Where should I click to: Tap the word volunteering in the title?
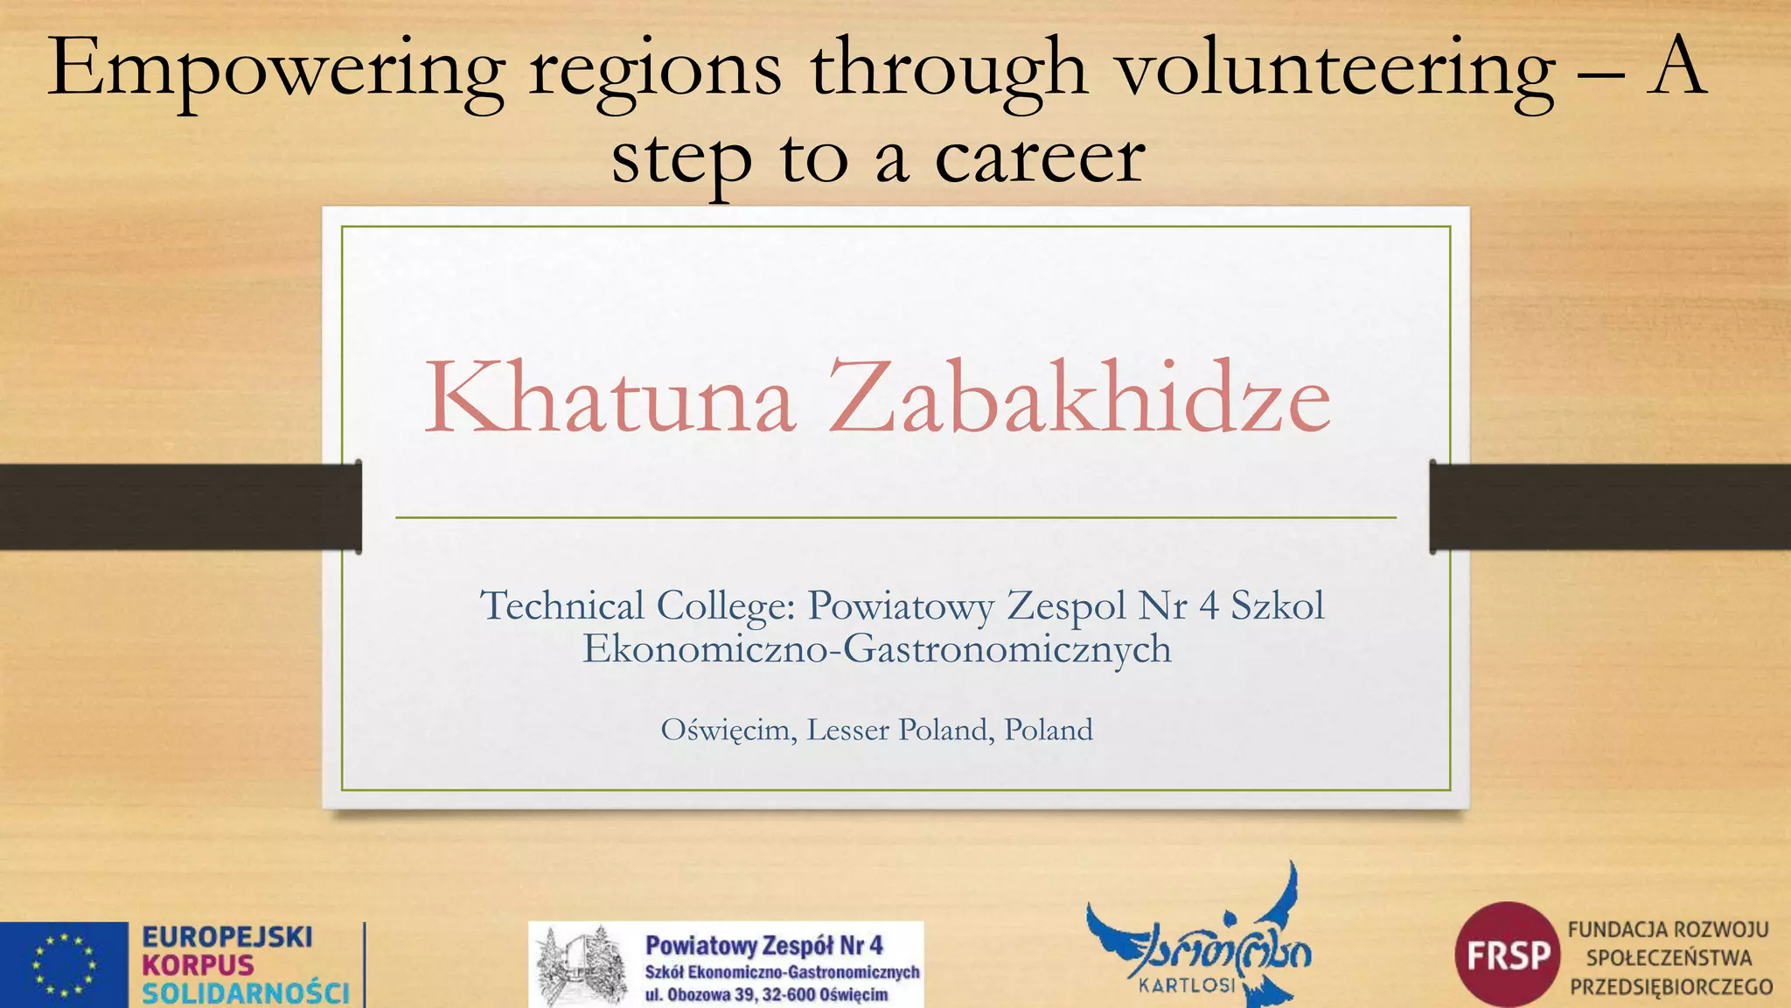coord(1337,70)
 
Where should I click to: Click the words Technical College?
coord(637,605)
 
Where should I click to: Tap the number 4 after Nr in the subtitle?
coord(1209,605)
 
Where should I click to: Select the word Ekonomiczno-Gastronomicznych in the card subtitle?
coord(876,648)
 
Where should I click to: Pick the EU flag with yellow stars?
coord(64,965)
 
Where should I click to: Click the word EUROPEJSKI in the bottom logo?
coord(227,937)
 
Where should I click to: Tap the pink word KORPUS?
coord(198,965)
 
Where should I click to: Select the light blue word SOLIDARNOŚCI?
coord(246,993)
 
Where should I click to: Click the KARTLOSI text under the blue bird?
coord(1188,985)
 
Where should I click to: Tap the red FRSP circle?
coord(1508,955)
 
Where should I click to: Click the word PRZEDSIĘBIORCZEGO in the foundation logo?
coord(1671,987)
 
